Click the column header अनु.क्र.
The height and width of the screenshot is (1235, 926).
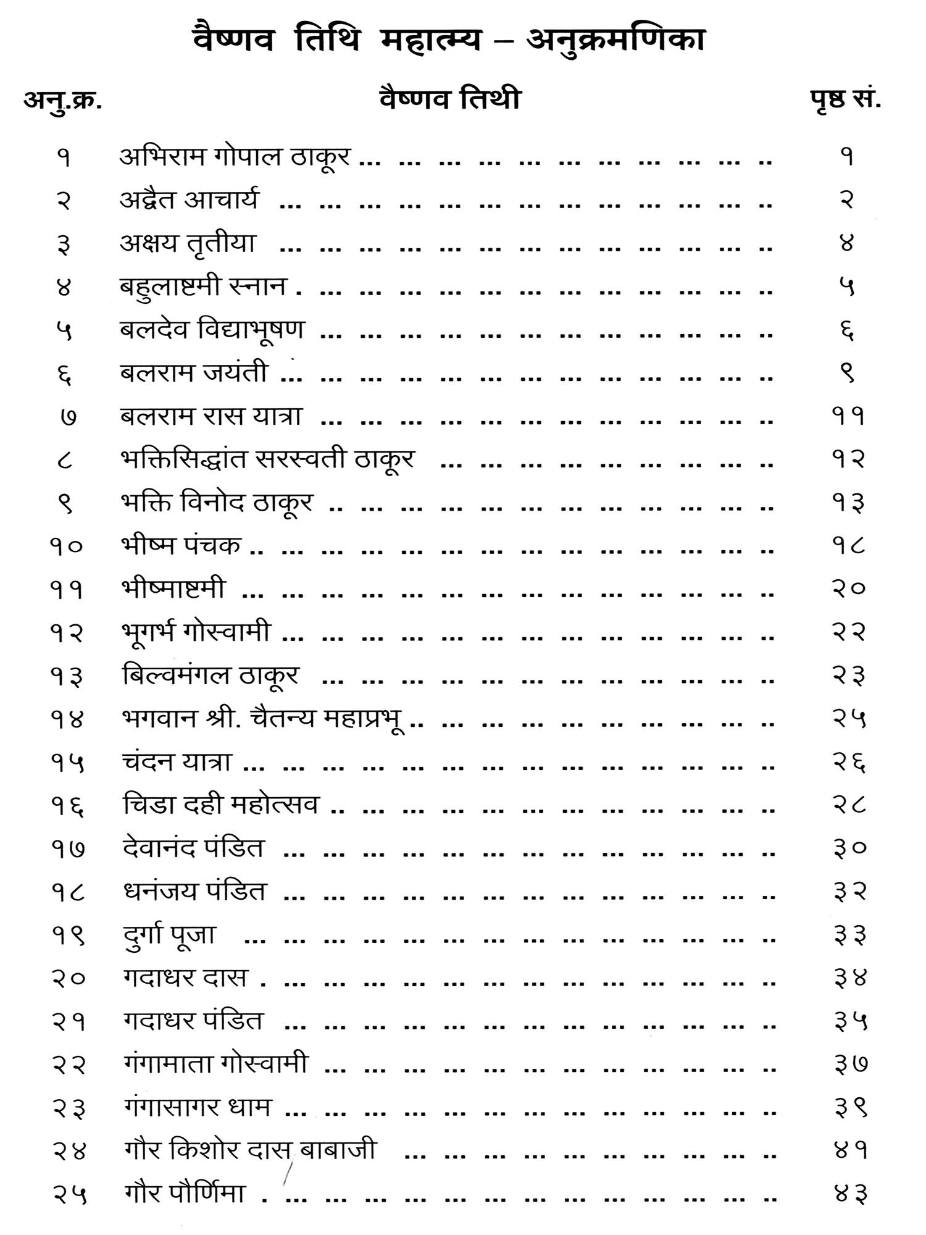pyautogui.click(x=63, y=100)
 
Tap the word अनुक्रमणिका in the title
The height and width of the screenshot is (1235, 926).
pyautogui.click(x=615, y=41)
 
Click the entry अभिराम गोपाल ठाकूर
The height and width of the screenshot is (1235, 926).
pyautogui.click(x=235, y=157)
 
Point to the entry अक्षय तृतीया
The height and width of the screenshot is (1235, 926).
pyautogui.click(x=188, y=244)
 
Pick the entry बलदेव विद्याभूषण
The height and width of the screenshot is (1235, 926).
pyautogui.click(x=212, y=330)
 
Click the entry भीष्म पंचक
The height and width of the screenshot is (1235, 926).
pyautogui.click(x=181, y=545)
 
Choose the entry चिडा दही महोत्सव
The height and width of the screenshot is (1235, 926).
pyautogui.click(x=221, y=805)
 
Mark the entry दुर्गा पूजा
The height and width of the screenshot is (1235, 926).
pyautogui.click(x=169, y=936)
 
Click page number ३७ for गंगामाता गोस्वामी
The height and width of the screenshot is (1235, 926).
pyautogui.click(x=851, y=1065)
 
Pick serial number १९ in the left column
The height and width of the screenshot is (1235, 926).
pyautogui.click(x=68, y=937)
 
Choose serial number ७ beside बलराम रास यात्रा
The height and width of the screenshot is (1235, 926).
pyautogui.click(x=69, y=417)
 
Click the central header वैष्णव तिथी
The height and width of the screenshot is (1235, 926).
pyautogui.click(x=450, y=99)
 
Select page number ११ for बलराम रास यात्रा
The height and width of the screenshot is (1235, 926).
pyautogui.click(x=848, y=417)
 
